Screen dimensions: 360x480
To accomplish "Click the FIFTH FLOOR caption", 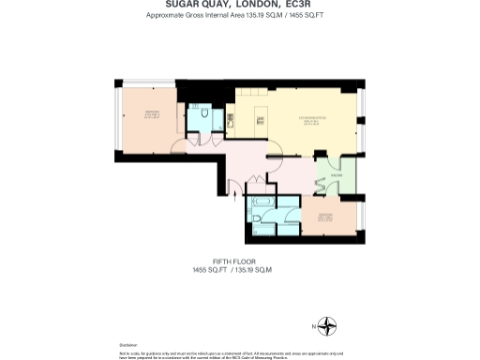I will click(x=231, y=262).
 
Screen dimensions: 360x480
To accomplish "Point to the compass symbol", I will click(x=327, y=326).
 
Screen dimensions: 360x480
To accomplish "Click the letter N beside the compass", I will click(x=313, y=326).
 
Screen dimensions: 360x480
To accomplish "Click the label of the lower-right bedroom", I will click(x=325, y=217).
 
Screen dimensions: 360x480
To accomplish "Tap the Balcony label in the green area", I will click(x=336, y=175).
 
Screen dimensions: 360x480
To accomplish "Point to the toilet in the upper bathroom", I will click(x=203, y=112).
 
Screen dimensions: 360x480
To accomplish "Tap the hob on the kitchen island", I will click(x=263, y=118).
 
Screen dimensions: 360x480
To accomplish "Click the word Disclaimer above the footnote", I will click(x=128, y=344).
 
